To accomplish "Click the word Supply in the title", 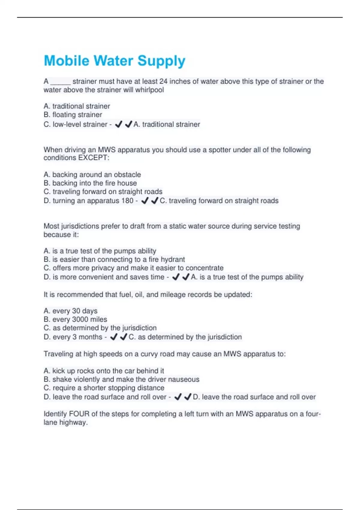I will coord(161,61).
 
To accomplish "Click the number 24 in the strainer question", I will coord(163,81).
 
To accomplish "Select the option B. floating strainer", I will coord(73,115).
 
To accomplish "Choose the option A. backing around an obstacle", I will coord(92,175).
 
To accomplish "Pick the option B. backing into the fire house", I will coord(90,183).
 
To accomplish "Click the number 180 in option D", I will coord(127,200).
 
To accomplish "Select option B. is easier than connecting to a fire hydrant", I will coord(114,259).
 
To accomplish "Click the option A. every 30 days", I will coord(70,311).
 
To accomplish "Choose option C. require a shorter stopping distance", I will coord(104,388).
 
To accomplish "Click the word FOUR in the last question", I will coord(79,414).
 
